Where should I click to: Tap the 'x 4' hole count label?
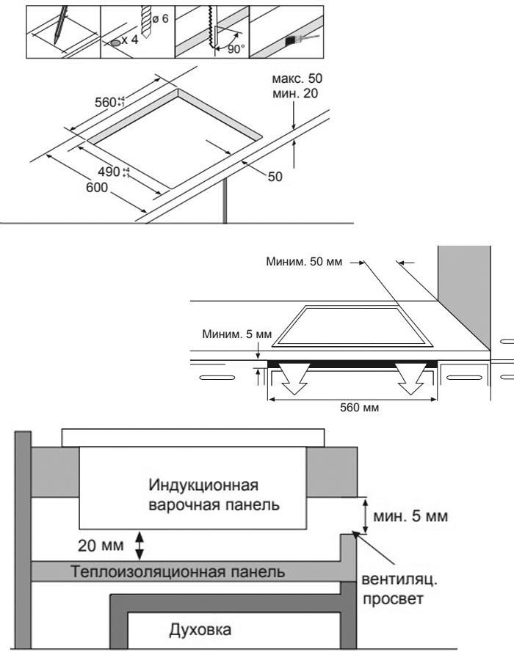tap(131, 42)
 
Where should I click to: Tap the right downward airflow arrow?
tap(410, 379)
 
